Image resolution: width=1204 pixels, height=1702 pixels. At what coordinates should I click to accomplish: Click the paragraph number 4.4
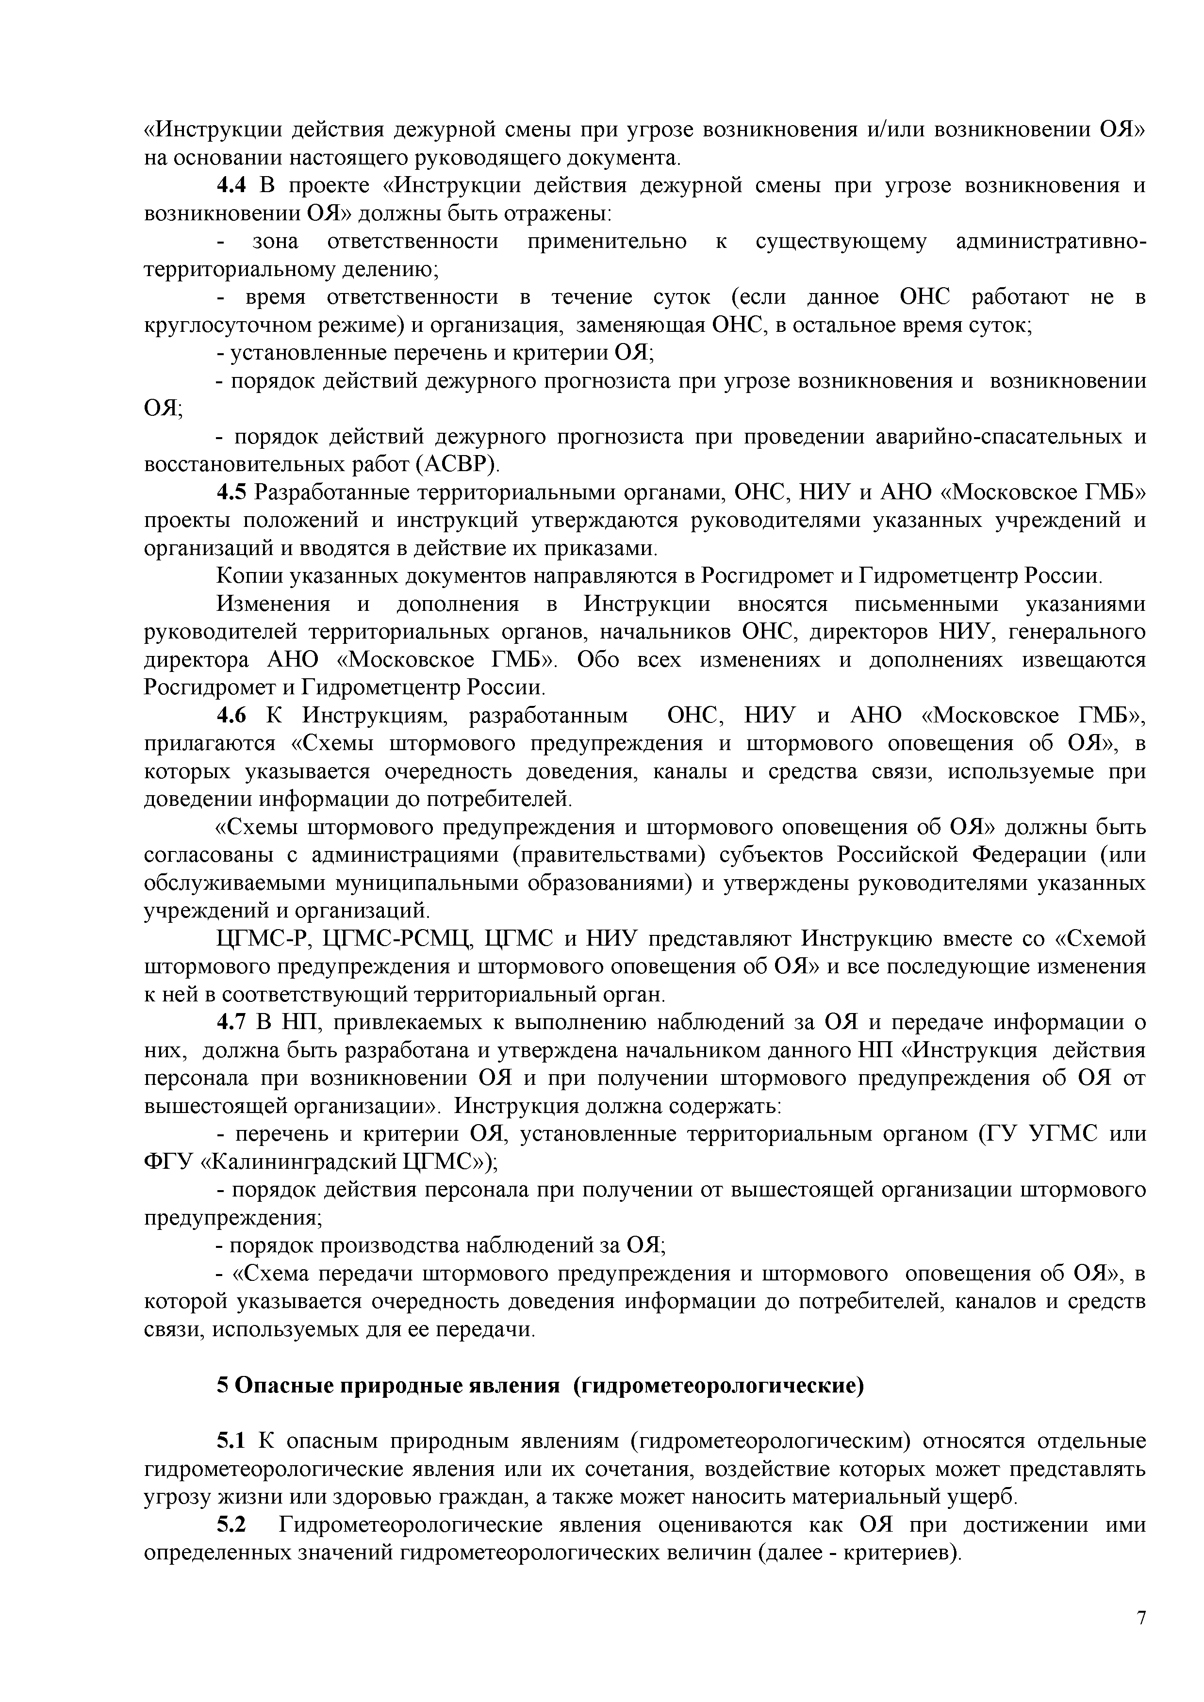[x=231, y=185]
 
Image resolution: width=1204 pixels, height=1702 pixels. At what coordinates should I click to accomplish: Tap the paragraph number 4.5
[x=231, y=492]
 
